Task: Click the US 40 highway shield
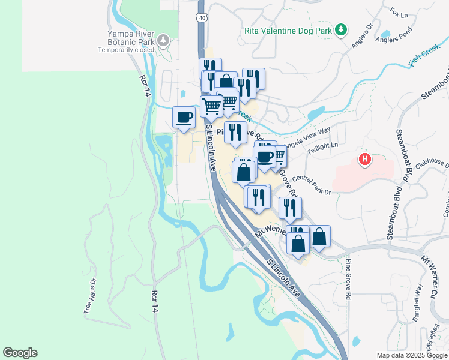202,17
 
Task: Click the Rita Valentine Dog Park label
289,29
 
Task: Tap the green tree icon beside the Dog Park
341,29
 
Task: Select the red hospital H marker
364,160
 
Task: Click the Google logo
20,353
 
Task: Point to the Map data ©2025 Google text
412,355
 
